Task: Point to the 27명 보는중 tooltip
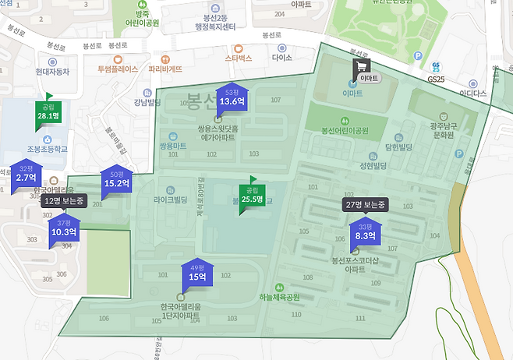tap(366, 205)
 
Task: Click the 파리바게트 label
tap(176, 69)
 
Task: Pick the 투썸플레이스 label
tap(117, 69)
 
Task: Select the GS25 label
tap(434, 79)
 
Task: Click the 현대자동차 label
tap(52, 71)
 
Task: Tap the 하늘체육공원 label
tap(280, 297)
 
